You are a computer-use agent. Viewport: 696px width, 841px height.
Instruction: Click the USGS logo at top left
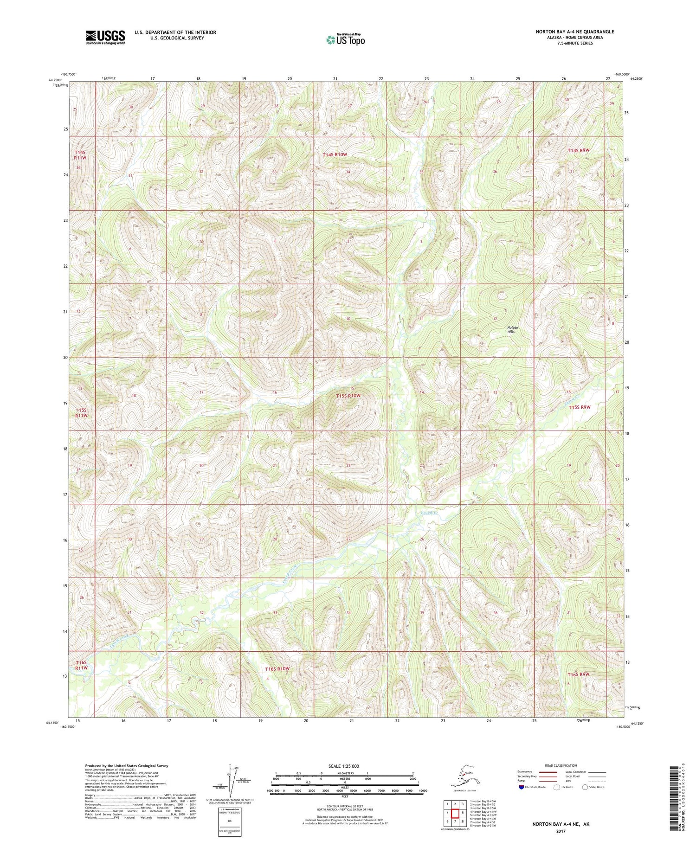tap(105, 37)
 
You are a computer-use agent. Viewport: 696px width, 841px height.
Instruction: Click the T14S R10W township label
tap(335, 154)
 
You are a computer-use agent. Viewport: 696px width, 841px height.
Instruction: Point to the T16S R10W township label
tap(277, 668)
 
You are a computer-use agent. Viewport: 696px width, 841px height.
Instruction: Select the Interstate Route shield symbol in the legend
tap(521, 787)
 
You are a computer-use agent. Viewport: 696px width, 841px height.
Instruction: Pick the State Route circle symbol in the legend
tap(585, 787)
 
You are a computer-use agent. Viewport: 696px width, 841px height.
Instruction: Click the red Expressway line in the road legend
tap(550, 772)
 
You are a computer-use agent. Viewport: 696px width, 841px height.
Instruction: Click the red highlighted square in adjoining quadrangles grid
tap(455, 813)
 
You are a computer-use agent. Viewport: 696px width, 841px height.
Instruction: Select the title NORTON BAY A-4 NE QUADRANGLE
tap(574, 32)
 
